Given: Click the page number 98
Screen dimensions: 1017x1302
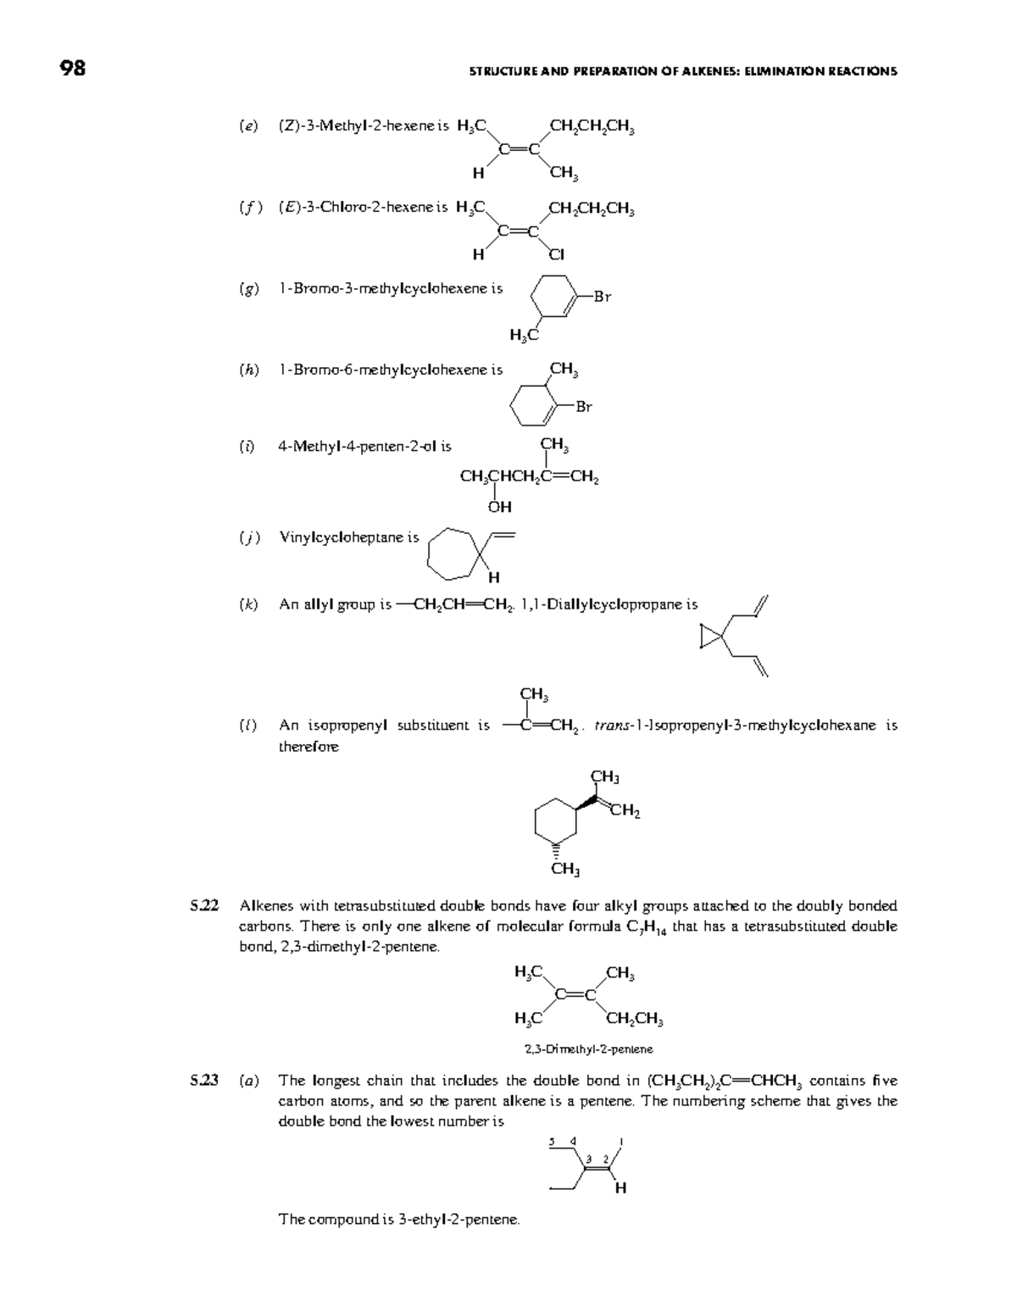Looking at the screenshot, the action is [73, 69].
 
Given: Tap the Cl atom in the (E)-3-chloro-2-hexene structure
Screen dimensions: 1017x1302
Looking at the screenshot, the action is [556, 253].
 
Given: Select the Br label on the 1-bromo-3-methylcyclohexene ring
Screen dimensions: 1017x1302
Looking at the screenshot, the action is [602, 297].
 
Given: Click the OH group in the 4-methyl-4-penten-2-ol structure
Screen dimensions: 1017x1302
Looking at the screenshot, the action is [499, 507].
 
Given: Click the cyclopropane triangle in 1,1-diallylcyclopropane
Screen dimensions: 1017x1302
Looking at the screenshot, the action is [710, 637].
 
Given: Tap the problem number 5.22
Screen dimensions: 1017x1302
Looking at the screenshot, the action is [204, 905].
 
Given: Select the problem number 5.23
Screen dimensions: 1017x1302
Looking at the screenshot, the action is [204, 1080].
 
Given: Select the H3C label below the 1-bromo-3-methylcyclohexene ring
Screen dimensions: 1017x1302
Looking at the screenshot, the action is [524, 336].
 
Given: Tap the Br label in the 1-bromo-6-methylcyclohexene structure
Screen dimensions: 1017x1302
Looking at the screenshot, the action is [584, 407].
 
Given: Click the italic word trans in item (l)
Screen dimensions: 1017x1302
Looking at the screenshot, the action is [611, 726].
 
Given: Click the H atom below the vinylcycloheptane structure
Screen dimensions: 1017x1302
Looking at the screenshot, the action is [493, 578].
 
